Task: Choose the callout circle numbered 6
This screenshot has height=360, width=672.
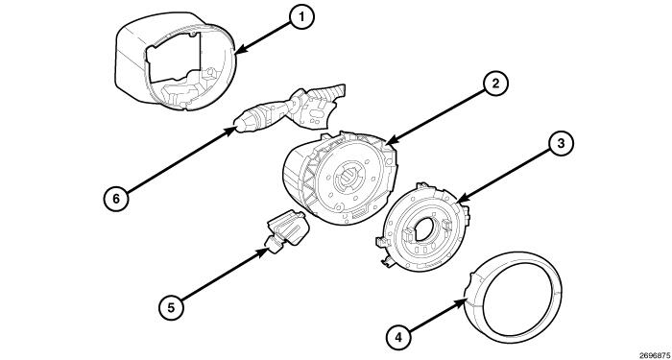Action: [115, 198]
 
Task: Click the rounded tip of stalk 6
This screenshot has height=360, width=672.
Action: [240, 122]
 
